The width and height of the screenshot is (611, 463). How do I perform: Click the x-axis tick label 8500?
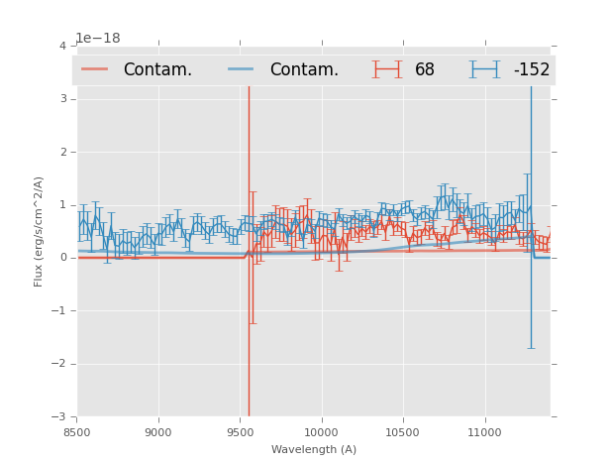click(x=77, y=432)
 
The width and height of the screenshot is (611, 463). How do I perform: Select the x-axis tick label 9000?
click(x=158, y=432)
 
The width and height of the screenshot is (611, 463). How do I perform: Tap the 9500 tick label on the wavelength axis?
click(x=240, y=432)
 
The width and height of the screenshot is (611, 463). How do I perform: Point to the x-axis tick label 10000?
click(x=321, y=432)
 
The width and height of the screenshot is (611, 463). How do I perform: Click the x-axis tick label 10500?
click(x=402, y=432)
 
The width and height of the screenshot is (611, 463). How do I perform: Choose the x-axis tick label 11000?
click(x=484, y=432)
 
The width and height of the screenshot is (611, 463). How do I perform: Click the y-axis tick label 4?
click(x=62, y=47)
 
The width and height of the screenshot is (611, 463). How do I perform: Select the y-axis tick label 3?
click(x=62, y=99)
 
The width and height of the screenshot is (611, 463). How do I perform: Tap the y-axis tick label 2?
click(x=62, y=153)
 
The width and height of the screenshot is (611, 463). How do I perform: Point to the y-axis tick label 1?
click(x=62, y=205)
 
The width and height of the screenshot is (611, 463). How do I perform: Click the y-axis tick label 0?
click(x=62, y=258)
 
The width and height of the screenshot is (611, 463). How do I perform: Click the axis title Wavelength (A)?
click(x=314, y=450)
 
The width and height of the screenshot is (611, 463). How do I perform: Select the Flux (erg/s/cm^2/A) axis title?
click(x=40, y=231)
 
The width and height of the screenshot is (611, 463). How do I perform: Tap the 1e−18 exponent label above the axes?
click(x=98, y=39)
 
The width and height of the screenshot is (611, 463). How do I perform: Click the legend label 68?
click(x=425, y=70)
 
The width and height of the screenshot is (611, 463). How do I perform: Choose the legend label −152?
click(x=531, y=70)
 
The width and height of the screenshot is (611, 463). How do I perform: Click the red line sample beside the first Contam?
click(x=95, y=69)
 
